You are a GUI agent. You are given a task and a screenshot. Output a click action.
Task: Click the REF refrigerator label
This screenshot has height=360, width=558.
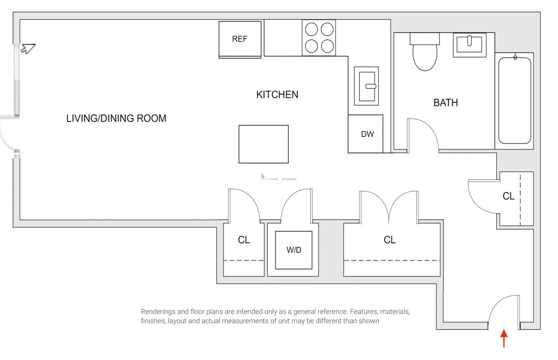click(239, 39)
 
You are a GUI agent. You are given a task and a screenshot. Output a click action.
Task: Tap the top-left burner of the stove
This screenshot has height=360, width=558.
click(311, 29)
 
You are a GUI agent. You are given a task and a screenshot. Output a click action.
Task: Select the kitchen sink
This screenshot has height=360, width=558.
click(366, 86)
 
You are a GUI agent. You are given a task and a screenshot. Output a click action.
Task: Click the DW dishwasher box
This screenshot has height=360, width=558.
click(367, 134)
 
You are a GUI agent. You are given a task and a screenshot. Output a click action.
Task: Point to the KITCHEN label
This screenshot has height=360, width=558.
click(277, 95)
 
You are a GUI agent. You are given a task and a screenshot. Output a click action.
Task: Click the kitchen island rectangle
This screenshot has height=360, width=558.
click(263, 144)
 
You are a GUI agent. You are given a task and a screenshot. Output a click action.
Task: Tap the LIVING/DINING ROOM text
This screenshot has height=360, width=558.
click(116, 119)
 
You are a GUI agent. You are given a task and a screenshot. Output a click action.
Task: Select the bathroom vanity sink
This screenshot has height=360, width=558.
click(469, 45)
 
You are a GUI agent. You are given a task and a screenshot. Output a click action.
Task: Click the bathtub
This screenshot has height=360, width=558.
click(514, 100)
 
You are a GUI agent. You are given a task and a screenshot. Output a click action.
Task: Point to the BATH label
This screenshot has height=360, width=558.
click(445, 103)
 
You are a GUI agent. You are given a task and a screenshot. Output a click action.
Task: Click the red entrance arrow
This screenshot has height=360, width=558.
click(504, 338)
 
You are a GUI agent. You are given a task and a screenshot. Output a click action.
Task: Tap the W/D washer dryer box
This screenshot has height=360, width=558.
click(293, 250)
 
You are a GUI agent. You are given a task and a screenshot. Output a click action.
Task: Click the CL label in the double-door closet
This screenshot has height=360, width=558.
click(389, 240)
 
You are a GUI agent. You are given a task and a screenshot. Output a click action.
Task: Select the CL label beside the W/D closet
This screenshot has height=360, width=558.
click(244, 240)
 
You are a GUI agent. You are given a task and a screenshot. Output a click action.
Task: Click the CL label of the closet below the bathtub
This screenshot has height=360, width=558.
click(508, 196)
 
